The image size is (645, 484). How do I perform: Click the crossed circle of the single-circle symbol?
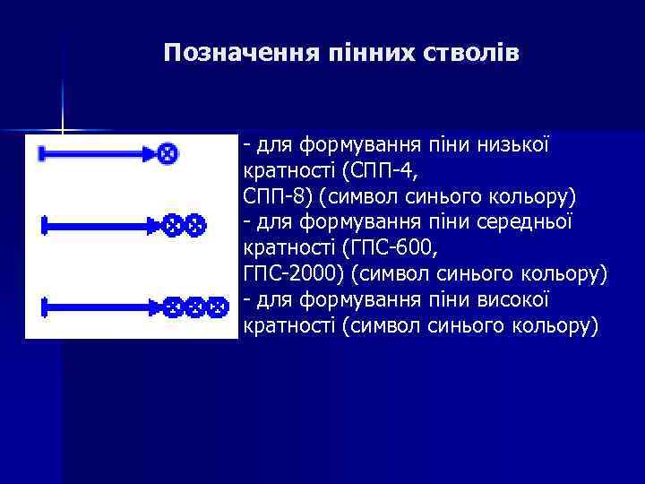click(x=166, y=154)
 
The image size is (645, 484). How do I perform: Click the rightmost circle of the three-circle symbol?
click(x=216, y=308)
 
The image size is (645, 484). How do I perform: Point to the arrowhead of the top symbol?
click(x=148, y=154)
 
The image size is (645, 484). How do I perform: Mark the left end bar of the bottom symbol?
click(x=45, y=308)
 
